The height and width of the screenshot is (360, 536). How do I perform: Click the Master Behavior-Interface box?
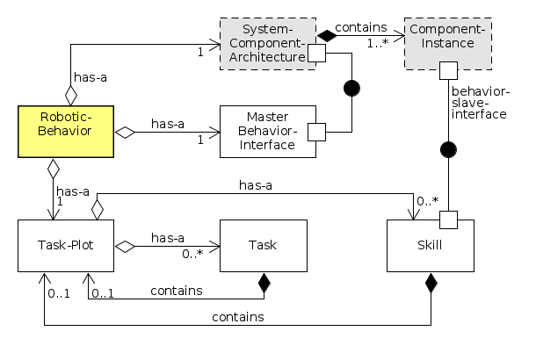[x=267, y=132]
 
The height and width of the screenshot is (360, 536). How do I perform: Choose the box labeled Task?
[x=263, y=246]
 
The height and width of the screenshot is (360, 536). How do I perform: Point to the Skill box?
[x=431, y=246]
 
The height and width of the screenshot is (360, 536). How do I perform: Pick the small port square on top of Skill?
[x=447, y=217]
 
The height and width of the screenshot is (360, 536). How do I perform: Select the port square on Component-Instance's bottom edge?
[x=447, y=69]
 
